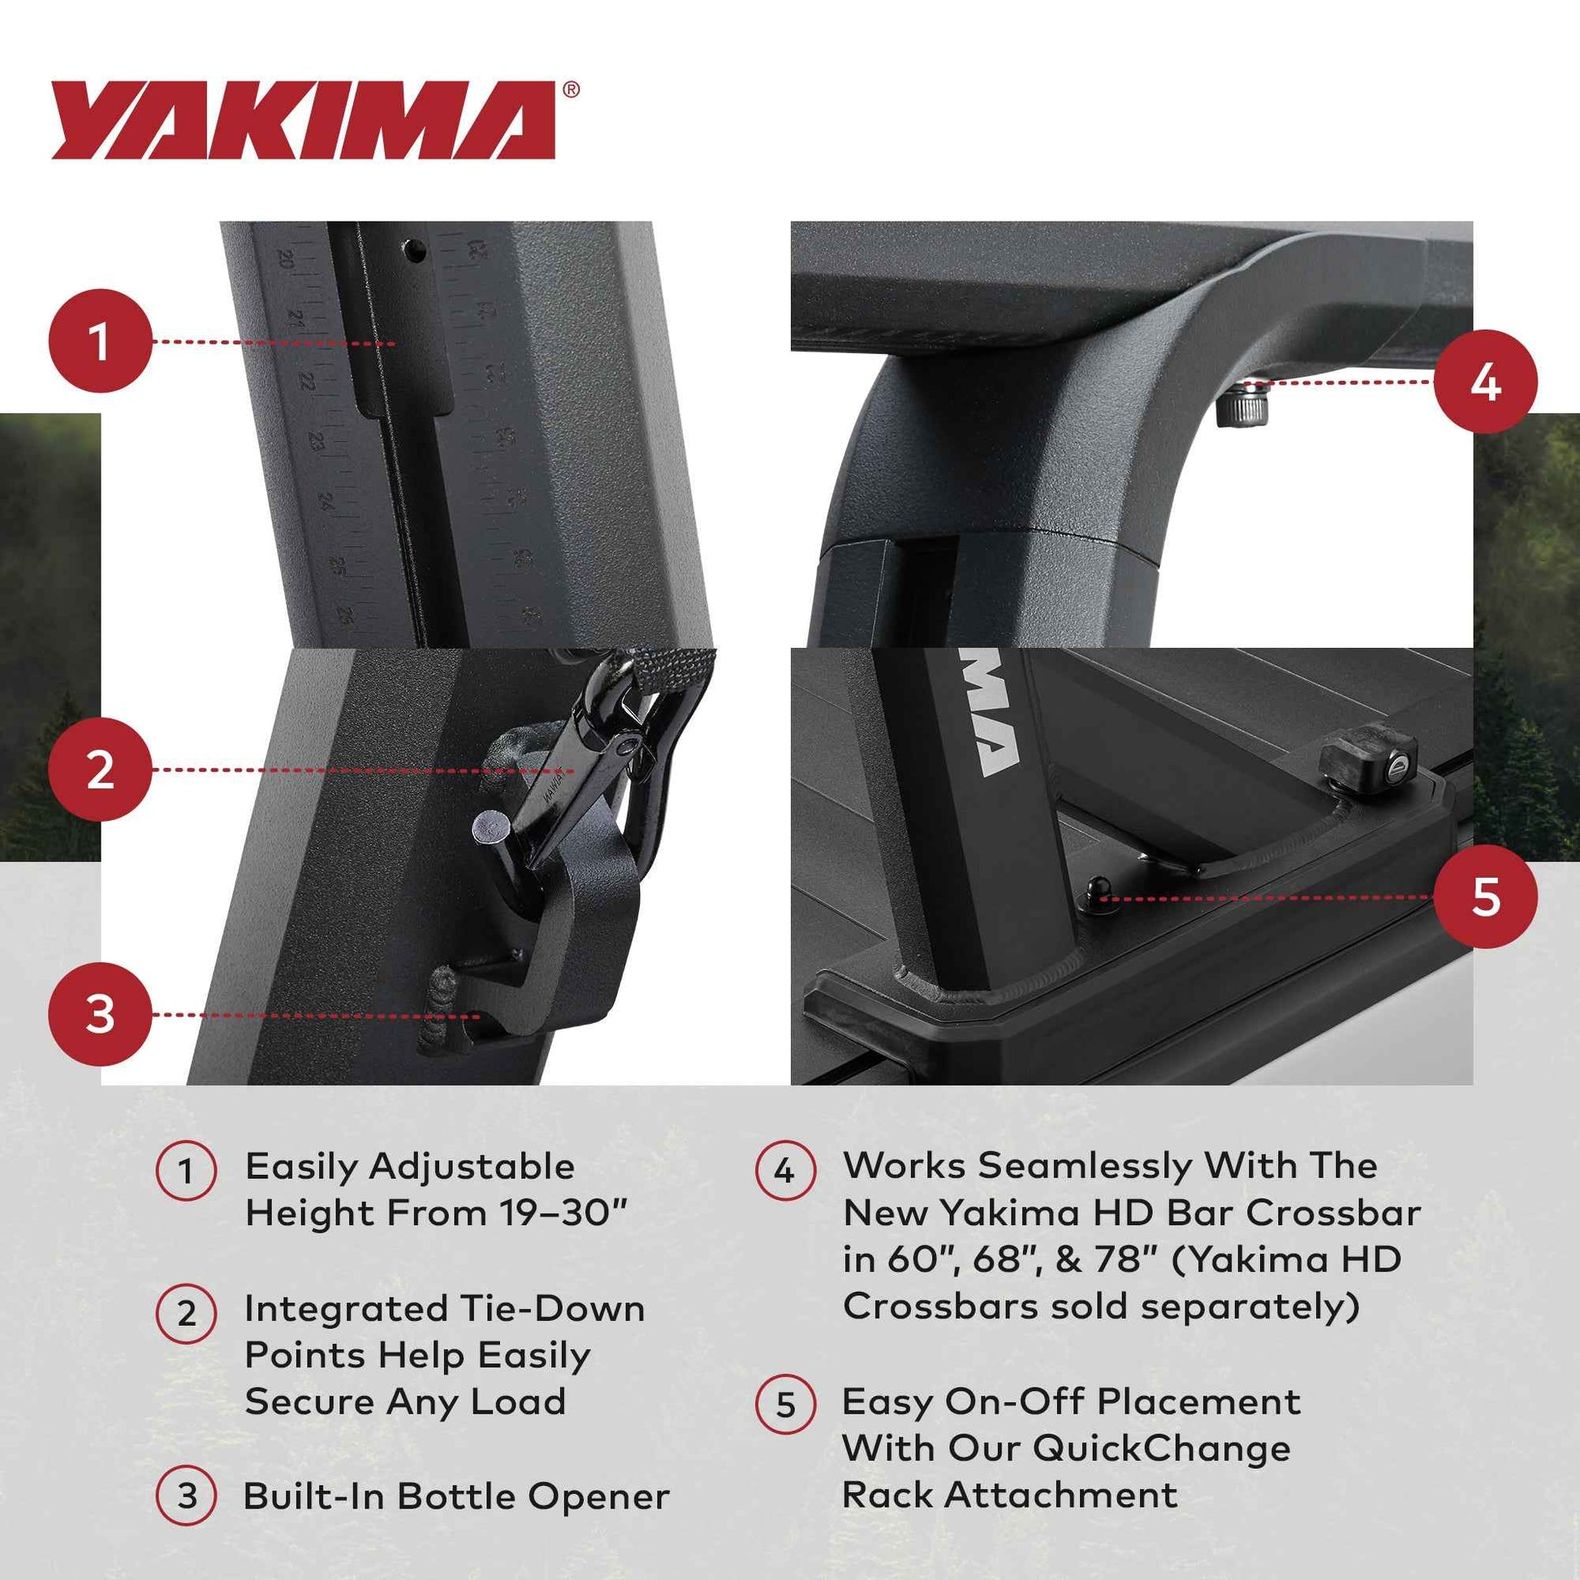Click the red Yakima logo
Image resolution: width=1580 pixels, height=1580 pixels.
click(x=303, y=120)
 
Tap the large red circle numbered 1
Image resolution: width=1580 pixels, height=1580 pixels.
click(x=101, y=341)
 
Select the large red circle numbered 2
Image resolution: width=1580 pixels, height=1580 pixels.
click(x=101, y=770)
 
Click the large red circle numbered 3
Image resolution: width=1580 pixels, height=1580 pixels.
click(x=101, y=1014)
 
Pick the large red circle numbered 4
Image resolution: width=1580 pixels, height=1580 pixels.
click(x=1485, y=382)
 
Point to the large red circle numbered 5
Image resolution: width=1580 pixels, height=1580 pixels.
click(x=1485, y=897)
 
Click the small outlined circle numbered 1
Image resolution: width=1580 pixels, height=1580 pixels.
click(x=187, y=1170)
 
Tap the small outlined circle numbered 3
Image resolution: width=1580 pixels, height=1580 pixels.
click(x=187, y=1496)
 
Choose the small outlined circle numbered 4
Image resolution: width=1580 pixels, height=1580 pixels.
click(x=784, y=1170)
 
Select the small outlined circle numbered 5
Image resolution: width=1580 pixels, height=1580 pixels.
click(x=784, y=1404)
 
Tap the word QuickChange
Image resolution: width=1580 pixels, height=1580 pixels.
click(x=1161, y=1448)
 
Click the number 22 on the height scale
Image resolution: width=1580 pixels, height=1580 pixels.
click(x=307, y=380)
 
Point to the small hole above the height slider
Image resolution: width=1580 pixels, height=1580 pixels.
click(x=416, y=249)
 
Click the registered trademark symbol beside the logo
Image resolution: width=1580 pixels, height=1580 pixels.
click(x=572, y=90)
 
